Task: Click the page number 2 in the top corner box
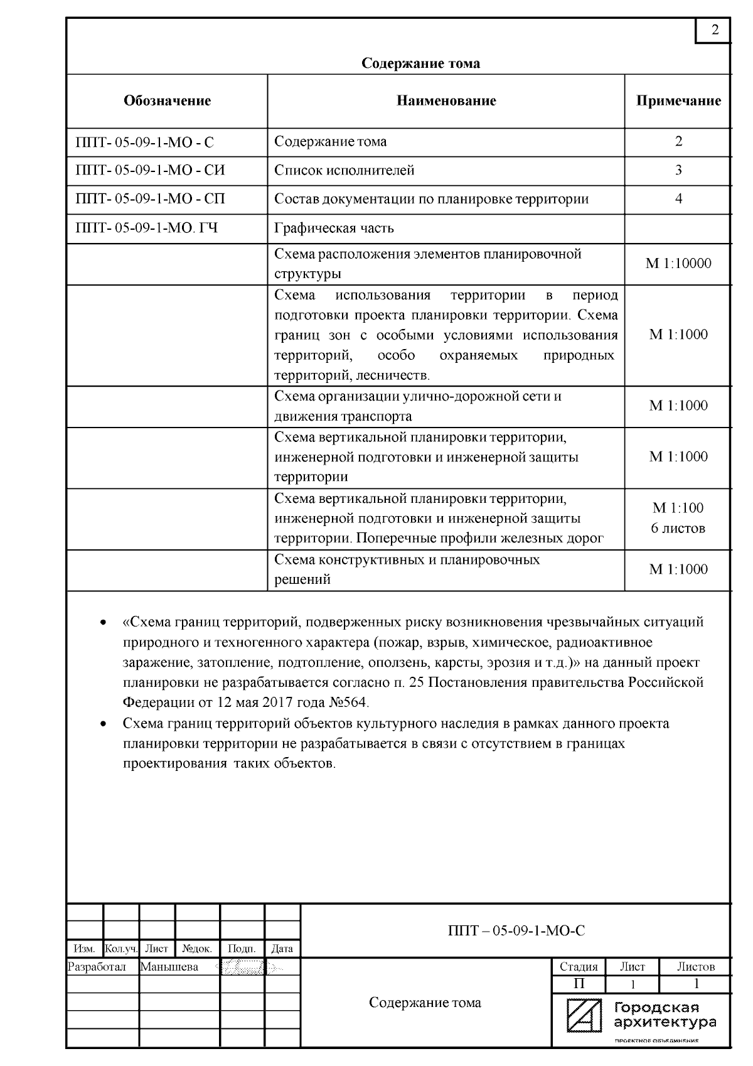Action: coord(715,30)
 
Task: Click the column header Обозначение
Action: coord(167,101)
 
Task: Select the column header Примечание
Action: coord(678,101)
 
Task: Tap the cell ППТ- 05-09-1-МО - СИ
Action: coord(150,170)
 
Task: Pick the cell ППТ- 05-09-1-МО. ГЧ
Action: coord(146,228)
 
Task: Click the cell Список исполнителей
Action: coord(344,170)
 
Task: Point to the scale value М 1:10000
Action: coord(678,264)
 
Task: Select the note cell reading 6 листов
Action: coord(678,528)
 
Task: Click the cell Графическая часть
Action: coord(334,228)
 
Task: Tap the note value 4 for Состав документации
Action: coord(678,199)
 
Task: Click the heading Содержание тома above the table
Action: coord(420,63)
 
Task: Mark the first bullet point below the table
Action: coord(102,623)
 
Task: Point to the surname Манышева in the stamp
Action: coord(169,967)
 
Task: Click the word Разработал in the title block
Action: coord(97,967)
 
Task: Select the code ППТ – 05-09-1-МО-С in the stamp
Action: coord(516,931)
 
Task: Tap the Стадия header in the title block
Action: coord(579,967)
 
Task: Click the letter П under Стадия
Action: coord(579,984)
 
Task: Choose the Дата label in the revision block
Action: coord(282,949)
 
